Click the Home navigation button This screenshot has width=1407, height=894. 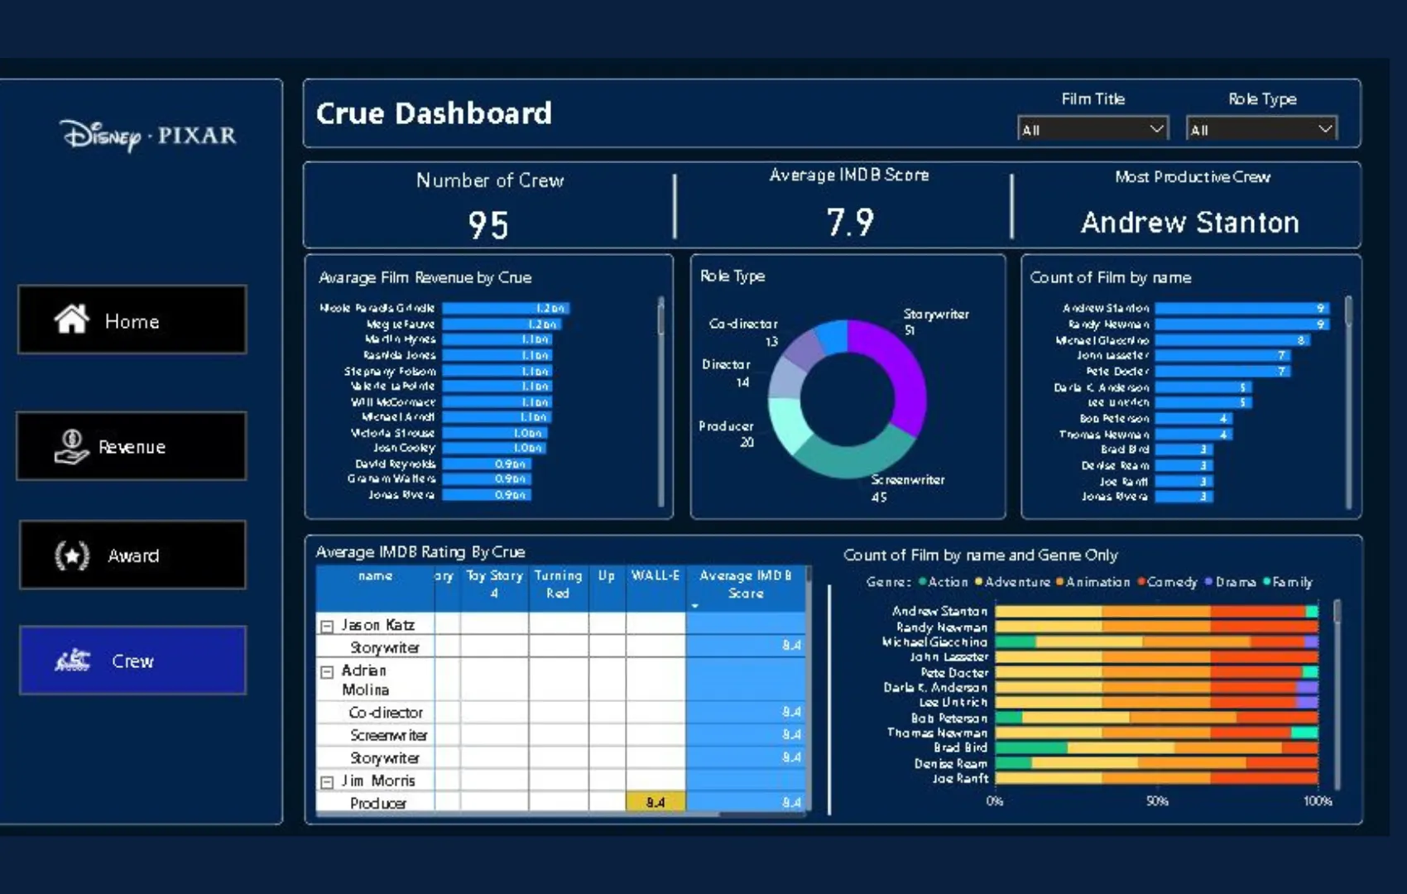pyautogui.click(x=132, y=320)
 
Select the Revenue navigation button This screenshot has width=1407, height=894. pyautogui.click(x=132, y=447)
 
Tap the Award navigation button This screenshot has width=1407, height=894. pyautogui.click(x=132, y=555)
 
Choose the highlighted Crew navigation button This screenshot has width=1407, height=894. pyautogui.click(x=132, y=661)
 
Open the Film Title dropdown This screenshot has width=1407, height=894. pyautogui.click(x=1092, y=129)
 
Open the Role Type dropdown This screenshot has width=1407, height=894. pyautogui.click(x=1261, y=129)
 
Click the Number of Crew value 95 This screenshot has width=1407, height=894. pyautogui.click(x=488, y=225)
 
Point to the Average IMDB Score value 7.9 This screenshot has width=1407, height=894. pyautogui.click(x=850, y=223)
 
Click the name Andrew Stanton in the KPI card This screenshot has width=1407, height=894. pyautogui.click(x=1189, y=223)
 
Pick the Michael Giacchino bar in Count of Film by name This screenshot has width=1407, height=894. pyautogui.click(x=1232, y=340)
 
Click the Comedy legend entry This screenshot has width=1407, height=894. pyautogui.click(x=1168, y=582)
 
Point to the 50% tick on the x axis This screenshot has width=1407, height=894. pyautogui.click(x=1157, y=800)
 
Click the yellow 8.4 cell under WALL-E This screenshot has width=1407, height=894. pyautogui.click(x=655, y=802)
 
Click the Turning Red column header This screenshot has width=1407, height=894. pyautogui.click(x=558, y=584)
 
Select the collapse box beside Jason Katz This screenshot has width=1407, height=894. pyautogui.click(x=327, y=627)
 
